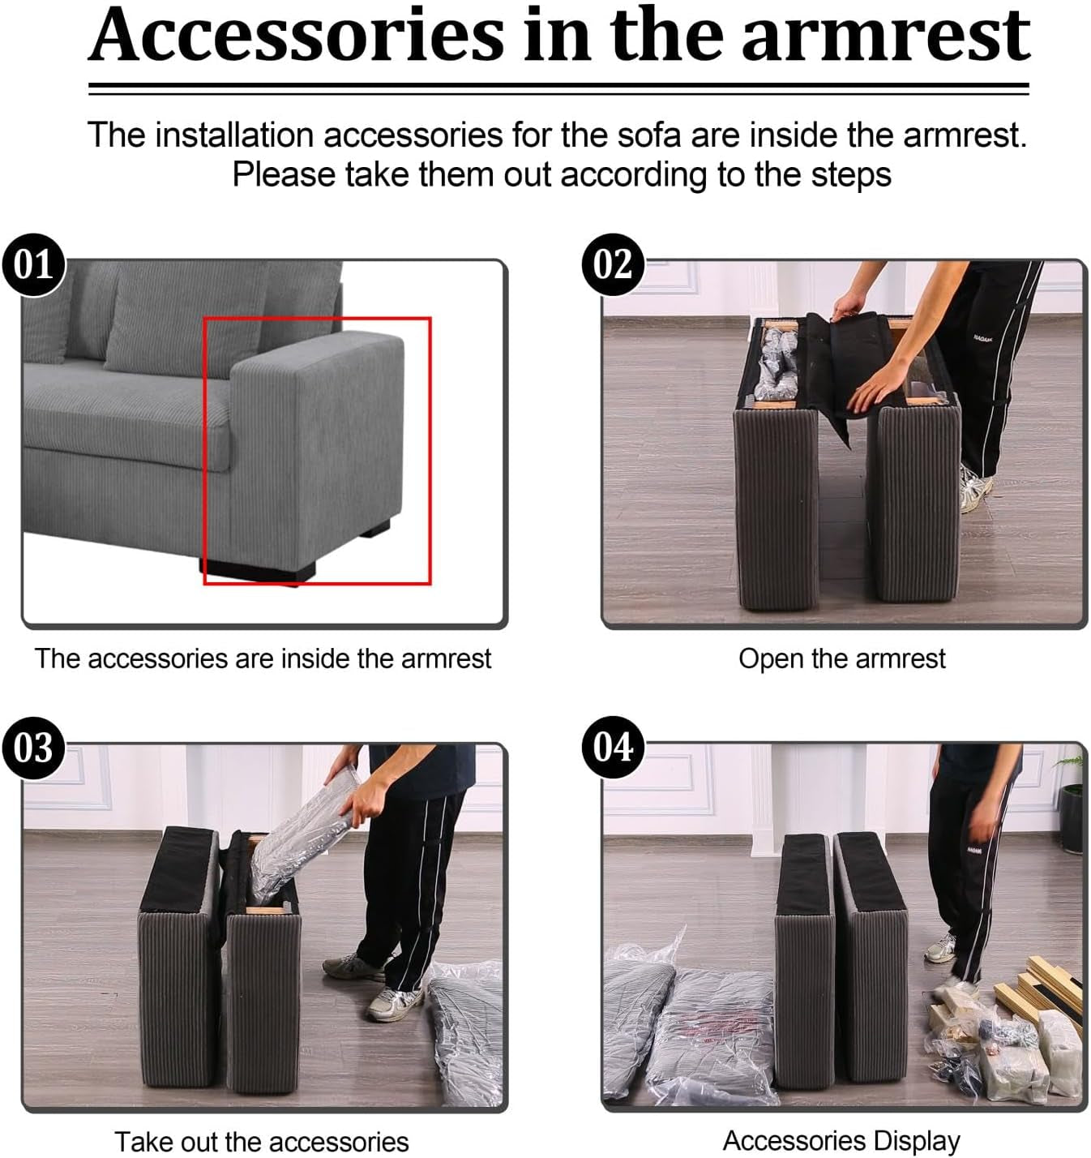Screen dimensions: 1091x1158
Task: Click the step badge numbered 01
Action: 33,264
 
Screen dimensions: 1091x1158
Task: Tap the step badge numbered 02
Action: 613,264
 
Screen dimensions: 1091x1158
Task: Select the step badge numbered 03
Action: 33,748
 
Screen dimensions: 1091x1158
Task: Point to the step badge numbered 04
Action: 613,748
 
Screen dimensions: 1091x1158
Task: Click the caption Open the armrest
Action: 841,659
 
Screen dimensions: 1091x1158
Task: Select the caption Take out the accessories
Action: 262,1141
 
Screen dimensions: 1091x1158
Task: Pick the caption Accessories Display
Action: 841,1140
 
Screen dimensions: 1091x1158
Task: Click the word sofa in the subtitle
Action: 649,135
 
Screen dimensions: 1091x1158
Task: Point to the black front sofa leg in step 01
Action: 259,571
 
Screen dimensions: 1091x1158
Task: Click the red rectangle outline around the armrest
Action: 317,319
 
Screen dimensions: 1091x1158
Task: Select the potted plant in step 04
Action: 1070,804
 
